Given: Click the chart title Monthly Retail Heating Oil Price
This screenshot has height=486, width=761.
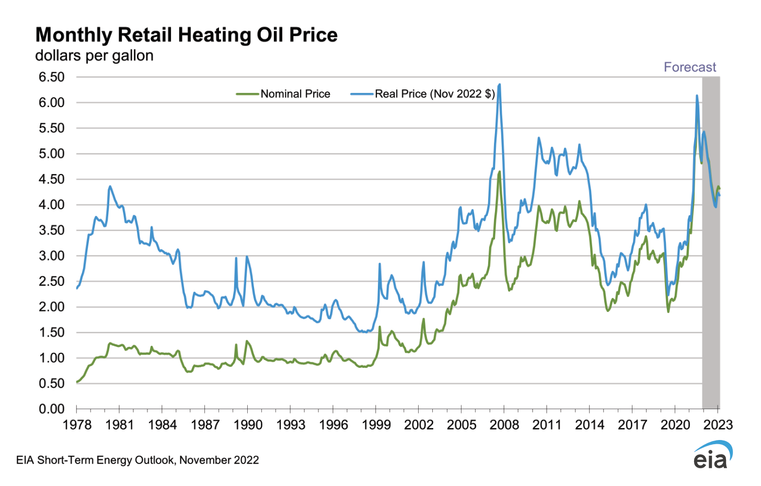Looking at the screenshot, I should (x=186, y=35).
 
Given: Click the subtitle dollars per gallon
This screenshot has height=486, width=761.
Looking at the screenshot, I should (x=94, y=56).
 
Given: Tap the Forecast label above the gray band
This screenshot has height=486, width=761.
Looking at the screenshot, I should (x=689, y=67).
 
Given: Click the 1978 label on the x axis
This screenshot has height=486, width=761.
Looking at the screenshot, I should (x=77, y=425).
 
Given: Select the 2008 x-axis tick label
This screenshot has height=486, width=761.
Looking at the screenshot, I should (x=504, y=425).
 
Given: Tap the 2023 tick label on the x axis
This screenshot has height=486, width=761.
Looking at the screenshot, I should (x=718, y=425).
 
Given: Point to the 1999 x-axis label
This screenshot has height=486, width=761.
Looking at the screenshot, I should (x=376, y=425).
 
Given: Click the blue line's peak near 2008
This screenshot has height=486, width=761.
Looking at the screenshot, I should (x=500, y=84).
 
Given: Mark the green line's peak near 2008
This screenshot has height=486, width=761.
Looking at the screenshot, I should (x=500, y=171).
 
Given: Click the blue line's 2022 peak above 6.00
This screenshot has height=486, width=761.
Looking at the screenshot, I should (x=697, y=96).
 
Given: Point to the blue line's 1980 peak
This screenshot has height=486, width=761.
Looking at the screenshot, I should (x=110, y=186).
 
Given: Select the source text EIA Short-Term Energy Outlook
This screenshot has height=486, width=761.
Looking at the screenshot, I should (x=137, y=460).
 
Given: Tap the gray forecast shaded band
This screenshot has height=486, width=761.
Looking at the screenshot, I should (x=710, y=314).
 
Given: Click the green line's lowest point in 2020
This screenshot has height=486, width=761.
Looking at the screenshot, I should (x=668, y=312).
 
